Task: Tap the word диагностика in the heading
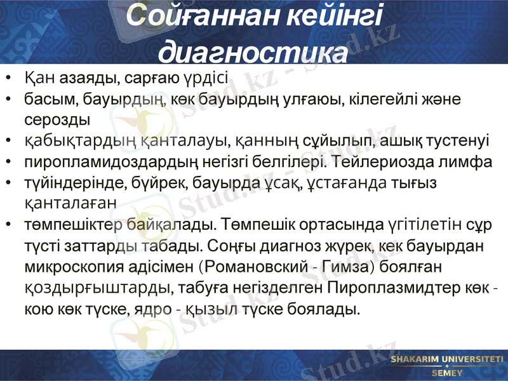click(253, 51)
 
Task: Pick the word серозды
click(57, 120)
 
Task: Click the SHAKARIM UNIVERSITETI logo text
click(447, 359)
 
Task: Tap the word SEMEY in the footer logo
click(447, 373)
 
